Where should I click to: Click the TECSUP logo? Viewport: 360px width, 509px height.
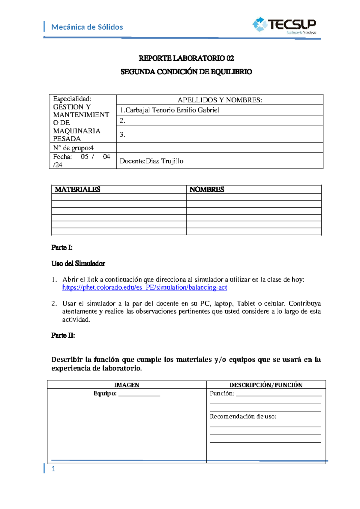pos(284,25)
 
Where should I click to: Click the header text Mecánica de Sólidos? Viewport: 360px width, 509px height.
pos(87,27)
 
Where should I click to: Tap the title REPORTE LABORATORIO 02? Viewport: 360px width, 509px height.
pos(186,58)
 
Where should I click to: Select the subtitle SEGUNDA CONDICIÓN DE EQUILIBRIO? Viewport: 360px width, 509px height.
pos(186,72)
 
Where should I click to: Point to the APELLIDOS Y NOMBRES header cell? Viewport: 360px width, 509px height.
pos(220,100)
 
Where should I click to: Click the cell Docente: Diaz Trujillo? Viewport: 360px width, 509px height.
pos(151,161)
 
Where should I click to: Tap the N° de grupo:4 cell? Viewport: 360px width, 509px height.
pos(73,148)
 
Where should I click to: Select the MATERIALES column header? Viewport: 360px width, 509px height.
pos(77,189)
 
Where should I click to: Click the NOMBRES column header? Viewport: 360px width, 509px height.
pos(207,189)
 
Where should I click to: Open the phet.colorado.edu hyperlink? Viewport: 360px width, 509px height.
pos(145,288)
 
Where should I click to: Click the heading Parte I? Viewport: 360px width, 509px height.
pos(62,248)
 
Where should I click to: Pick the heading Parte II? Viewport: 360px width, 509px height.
pos(63,336)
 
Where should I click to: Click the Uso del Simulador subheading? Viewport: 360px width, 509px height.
pos(78,264)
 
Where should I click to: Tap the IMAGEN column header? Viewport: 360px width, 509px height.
pos(127,385)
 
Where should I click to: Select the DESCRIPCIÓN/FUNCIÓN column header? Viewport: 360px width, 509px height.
pos(266,385)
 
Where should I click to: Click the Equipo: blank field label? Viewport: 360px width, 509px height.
pos(105,393)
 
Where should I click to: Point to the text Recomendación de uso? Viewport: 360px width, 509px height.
pos(243,417)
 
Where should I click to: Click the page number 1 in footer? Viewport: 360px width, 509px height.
pos(53,469)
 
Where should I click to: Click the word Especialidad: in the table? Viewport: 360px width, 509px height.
pos(72,99)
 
